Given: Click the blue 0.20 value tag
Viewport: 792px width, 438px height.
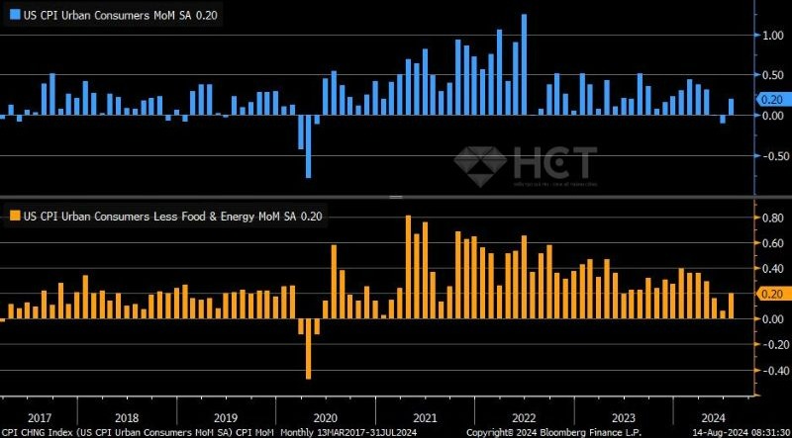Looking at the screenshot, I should tap(771, 99).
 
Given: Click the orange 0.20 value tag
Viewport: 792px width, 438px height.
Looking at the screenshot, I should tap(771, 294).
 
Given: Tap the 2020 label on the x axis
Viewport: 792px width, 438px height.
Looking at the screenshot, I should tap(326, 417).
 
